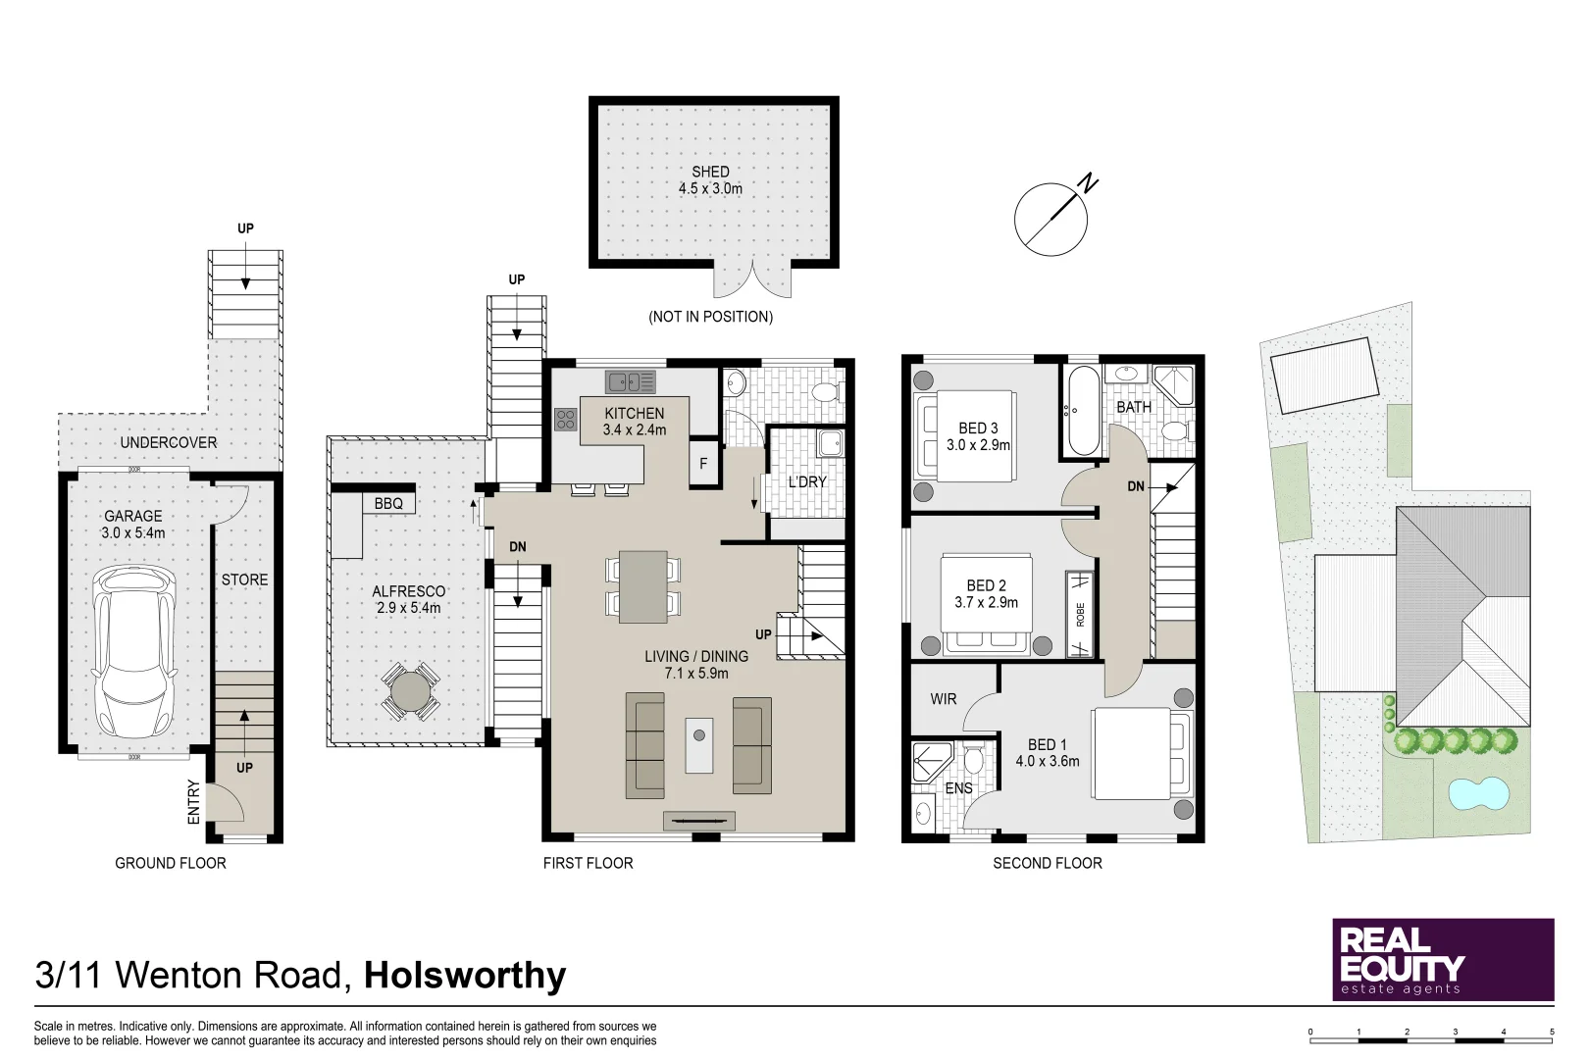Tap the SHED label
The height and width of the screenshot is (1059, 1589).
coord(710,172)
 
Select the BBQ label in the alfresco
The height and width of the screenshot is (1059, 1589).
coord(388,503)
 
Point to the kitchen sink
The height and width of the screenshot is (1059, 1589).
coord(630,380)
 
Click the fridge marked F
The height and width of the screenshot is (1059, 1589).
coord(703,465)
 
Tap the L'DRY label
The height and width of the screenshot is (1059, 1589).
coord(807,481)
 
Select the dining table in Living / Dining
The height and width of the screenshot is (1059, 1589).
coord(643,586)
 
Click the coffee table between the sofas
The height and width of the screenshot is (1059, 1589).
coord(699,745)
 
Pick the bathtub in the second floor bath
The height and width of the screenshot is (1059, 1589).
coord(1083,411)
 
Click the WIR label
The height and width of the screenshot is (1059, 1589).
coord(944,699)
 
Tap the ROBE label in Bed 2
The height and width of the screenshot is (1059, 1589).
coord(1080,615)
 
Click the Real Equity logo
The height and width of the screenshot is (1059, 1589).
coord(1442,959)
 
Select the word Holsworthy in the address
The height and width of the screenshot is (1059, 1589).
coord(465,976)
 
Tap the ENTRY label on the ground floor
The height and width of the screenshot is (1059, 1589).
coord(194,801)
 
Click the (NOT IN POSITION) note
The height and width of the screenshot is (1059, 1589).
coord(710,317)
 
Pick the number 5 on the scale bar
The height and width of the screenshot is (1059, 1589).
coord(1552,1032)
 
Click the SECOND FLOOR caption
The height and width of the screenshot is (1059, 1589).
coord(1047,863)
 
